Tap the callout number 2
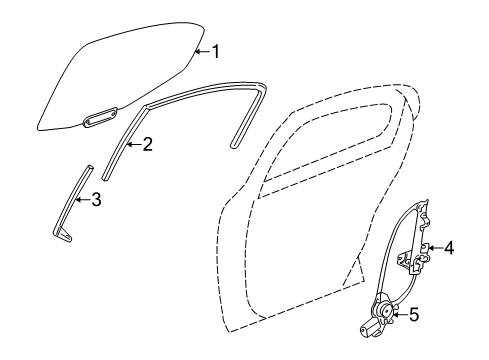click(147, 145)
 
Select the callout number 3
click(96, 199)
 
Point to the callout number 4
click(449, 248)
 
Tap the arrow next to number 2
click(132, 145)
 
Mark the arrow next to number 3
click(82, 199)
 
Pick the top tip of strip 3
click(89, 168)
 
